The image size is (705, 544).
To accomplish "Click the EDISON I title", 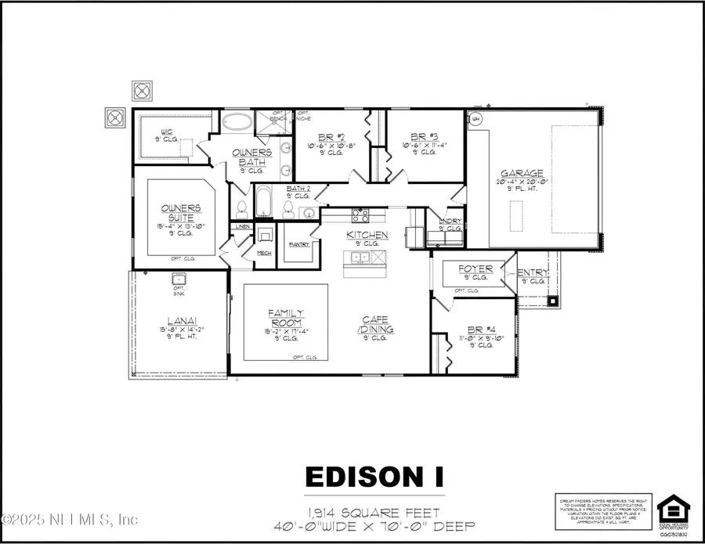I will tap(374, 476).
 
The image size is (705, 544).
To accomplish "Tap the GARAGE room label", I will tap(524, 174).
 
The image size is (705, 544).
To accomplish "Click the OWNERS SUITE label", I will tap(182, 212).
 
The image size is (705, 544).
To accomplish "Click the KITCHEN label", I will tap(368, 235).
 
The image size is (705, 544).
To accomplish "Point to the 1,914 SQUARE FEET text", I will tap(374, 512).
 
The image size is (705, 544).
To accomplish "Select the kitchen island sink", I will tap(361, 257).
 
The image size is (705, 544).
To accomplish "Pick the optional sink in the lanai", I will tap(178, 279).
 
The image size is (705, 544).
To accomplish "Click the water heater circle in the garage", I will tap(475, 119).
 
